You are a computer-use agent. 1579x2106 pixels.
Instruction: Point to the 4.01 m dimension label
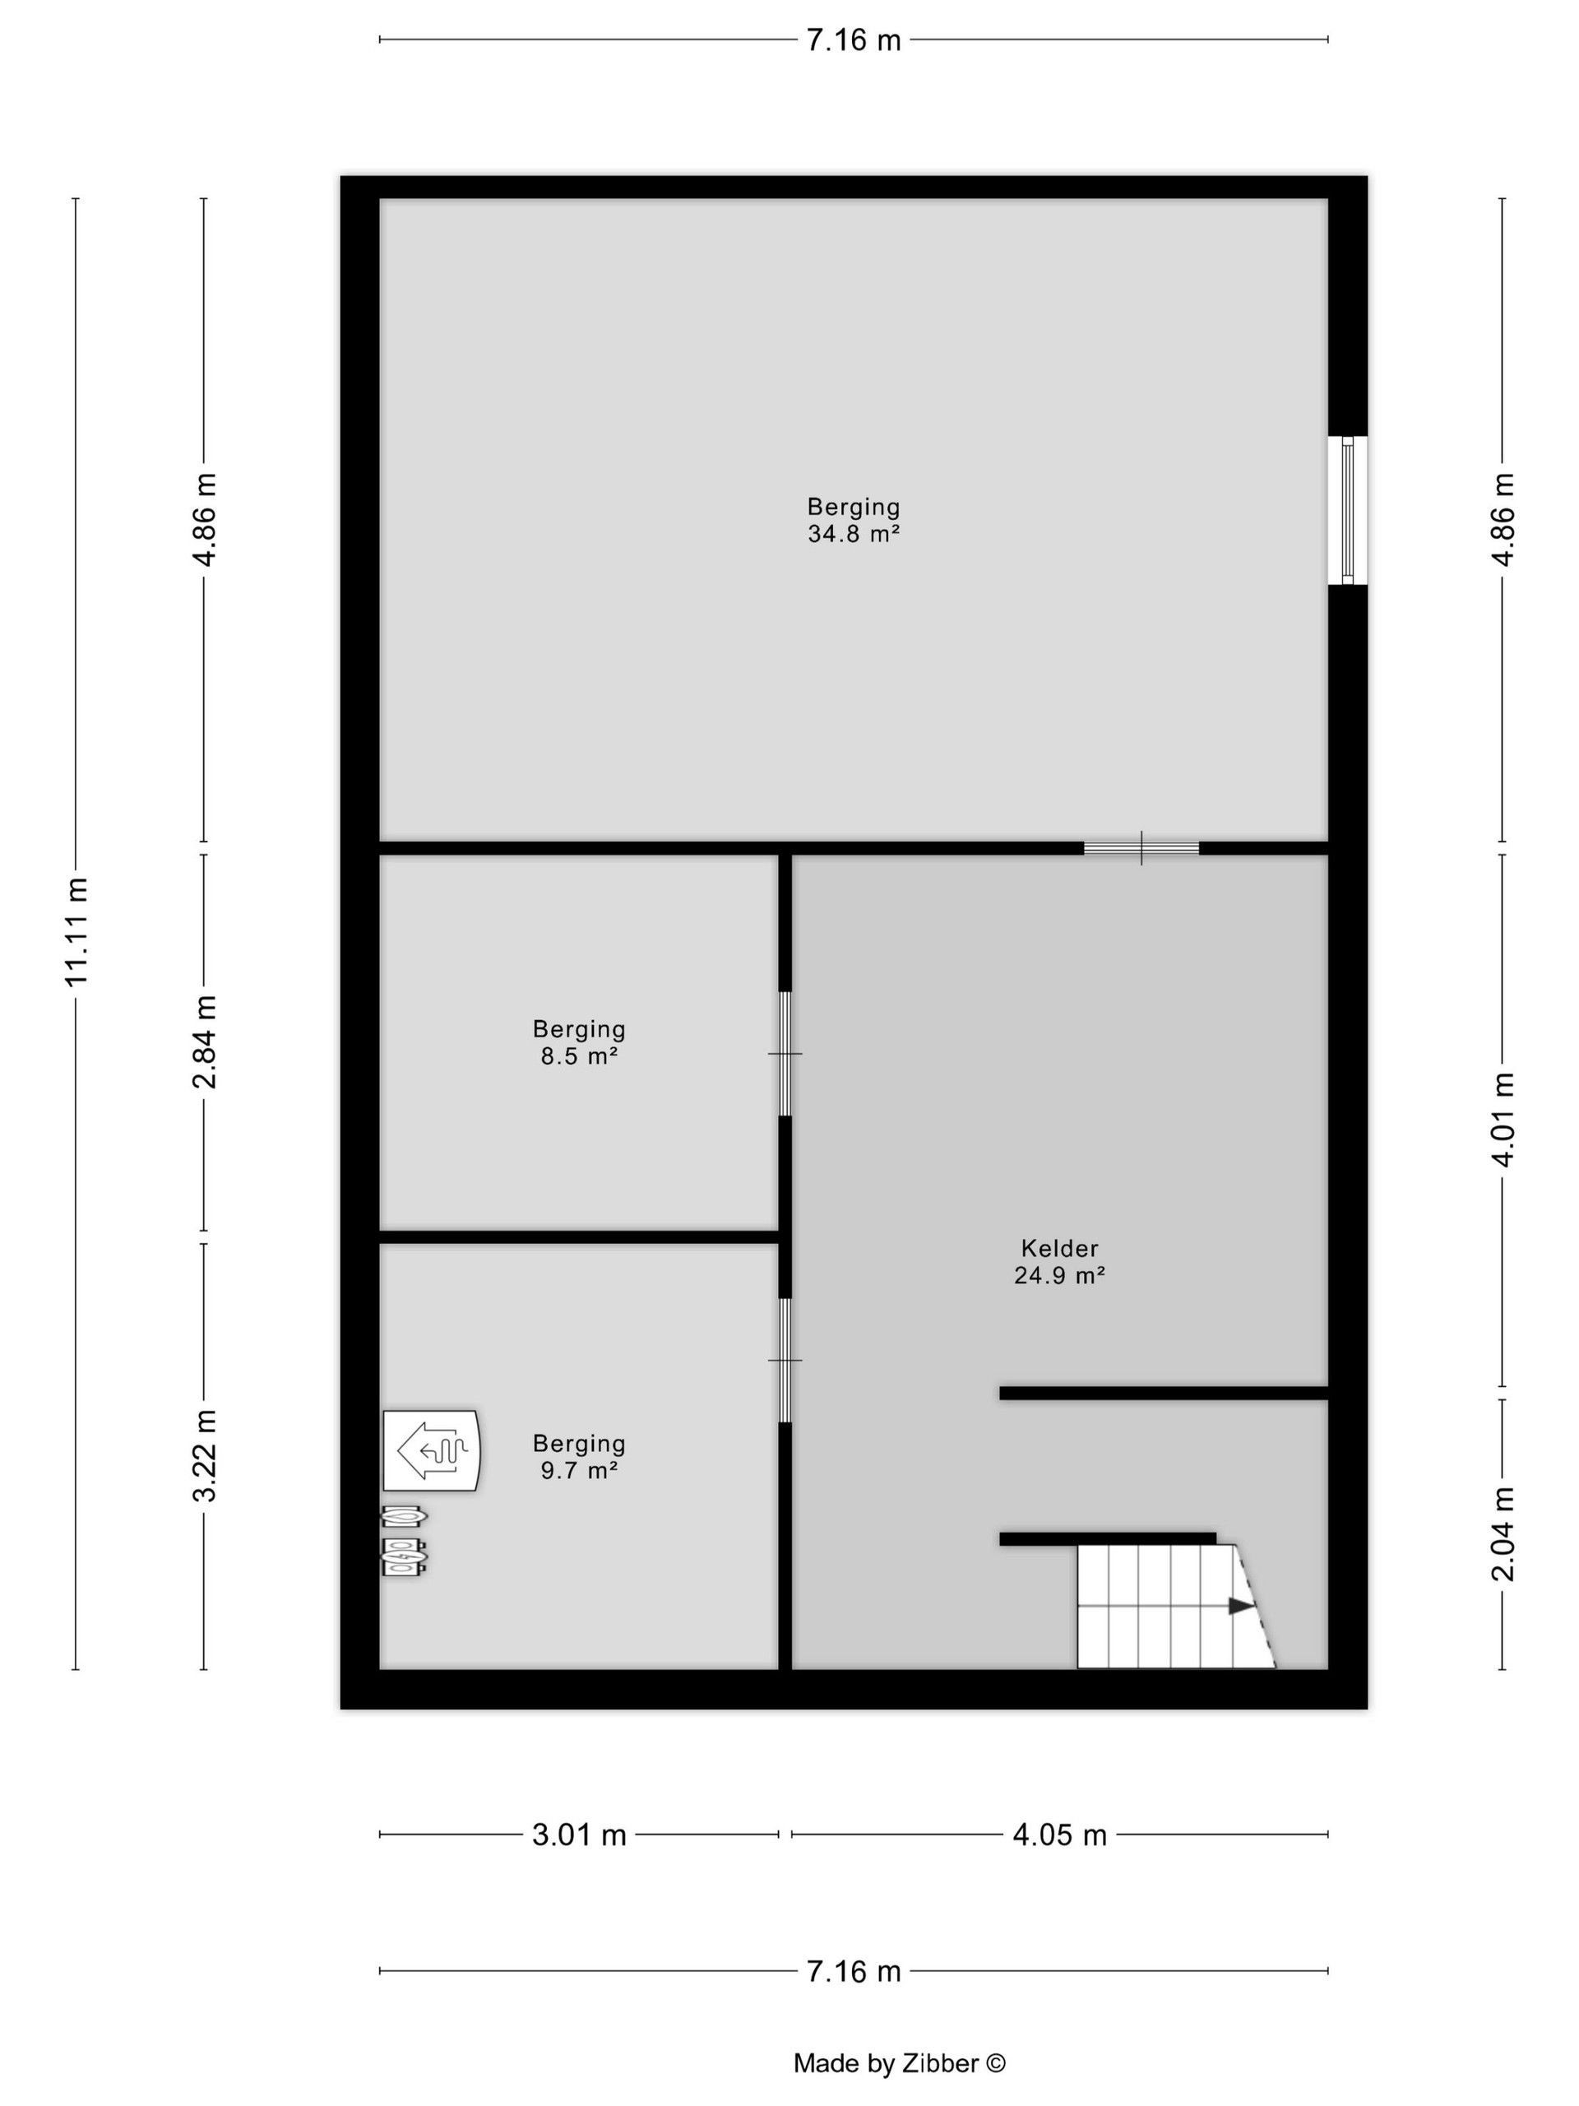click(1502, 1119)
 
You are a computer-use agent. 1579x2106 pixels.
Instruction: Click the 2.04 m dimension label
click(1502, 1533)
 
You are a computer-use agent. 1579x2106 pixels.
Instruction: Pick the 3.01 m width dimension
click(579, 1835)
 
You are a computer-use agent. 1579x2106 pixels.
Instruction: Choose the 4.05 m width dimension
click(1059, 1835)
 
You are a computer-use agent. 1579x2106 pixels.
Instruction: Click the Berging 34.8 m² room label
click(854, 520)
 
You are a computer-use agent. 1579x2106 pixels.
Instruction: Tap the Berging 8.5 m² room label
click(579, 1041)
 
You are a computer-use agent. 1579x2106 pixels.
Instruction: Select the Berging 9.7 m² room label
click(579, 1457)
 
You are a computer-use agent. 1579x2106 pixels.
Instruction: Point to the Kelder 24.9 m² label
click(1059, 1260)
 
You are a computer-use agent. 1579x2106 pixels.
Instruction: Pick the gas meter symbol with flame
click(404, 1515)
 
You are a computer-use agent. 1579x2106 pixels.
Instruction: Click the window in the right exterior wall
click(1347, 510)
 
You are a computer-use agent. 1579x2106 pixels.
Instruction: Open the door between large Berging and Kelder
click(1141, 848)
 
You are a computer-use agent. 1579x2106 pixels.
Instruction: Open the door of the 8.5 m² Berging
click(785, 1053)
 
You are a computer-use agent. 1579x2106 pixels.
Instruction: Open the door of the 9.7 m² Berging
click(785, 1360)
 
